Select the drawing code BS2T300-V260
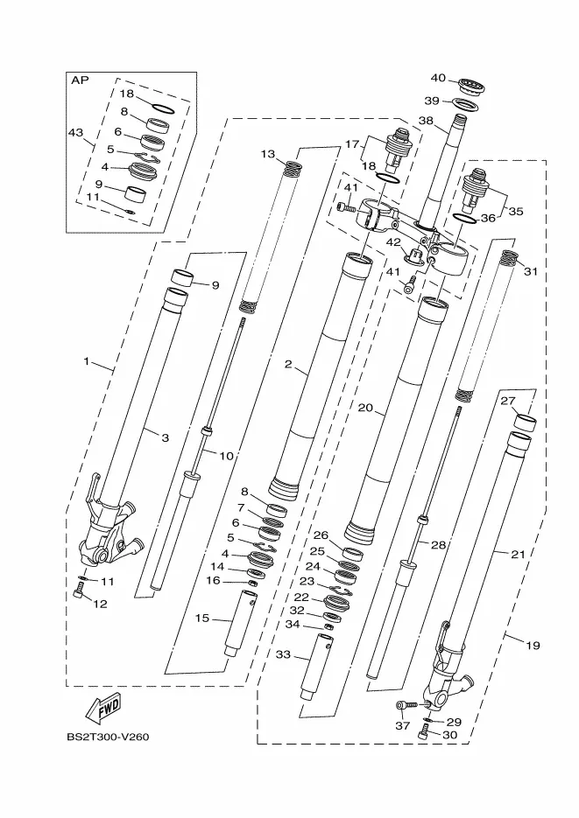coord(107,736)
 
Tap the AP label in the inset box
coord(81,80)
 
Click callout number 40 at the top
coord(438,78)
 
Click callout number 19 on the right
coord(533,646)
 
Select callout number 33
coord(282,654)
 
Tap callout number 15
coord(201,619)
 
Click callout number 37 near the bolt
coord(402,725)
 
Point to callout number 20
coord(366,408)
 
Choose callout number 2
coord(287,364)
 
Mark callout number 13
coord(267,154)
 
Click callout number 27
coord(531,401)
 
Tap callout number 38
coord(426,121)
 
